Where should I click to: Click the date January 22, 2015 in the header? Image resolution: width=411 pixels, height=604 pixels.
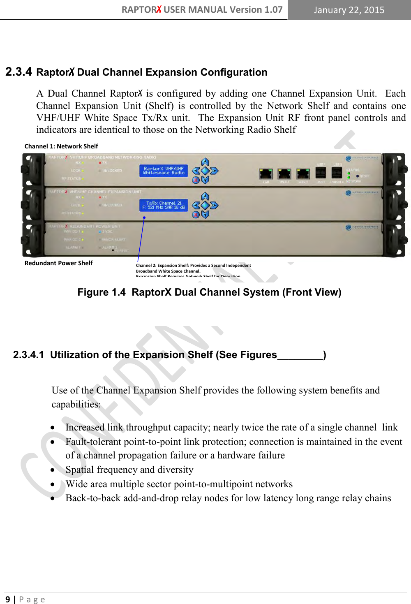[349, 10]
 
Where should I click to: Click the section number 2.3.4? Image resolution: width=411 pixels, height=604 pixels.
[18, 72]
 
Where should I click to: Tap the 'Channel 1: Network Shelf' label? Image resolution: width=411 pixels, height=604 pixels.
[61, 146]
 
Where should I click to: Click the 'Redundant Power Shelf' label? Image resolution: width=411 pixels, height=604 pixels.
[58, 263]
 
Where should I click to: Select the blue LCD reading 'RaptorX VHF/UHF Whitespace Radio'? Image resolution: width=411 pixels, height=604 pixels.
[164, 171]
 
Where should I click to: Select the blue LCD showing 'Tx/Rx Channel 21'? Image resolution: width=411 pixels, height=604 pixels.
[164, 205]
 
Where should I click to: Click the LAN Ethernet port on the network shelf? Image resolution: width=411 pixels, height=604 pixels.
[266, 174]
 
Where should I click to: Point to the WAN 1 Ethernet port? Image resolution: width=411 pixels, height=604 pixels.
[284, 174]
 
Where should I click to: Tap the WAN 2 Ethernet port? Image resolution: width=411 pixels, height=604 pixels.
[303, 174]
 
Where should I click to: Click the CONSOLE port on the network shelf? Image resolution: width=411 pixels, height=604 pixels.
[337, 173]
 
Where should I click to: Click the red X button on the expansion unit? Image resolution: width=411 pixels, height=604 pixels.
[196, 214]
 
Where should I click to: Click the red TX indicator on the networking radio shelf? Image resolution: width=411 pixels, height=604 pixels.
[100, 163]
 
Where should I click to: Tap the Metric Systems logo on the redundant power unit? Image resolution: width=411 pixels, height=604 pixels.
[362, 227]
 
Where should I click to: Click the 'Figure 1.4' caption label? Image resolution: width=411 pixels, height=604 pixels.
[101, 292]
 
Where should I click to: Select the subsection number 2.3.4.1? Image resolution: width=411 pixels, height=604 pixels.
[28, 355]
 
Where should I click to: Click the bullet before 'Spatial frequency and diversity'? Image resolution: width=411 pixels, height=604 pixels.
[53, 470]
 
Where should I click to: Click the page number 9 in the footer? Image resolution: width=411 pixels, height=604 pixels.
[7, 599]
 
